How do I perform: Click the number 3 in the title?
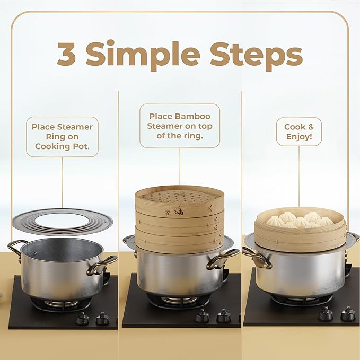click(68, 55)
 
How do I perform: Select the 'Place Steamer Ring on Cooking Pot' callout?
click(62, 136)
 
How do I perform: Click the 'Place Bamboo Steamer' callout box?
click(179, 125)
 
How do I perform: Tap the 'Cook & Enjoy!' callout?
click(298, 131)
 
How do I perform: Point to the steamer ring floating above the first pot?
click(62, 221)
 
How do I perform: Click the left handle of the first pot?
click(17, 248)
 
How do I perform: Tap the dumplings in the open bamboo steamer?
click(300, 219)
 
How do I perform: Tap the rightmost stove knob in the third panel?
click(348, 313)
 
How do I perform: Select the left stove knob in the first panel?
click(82, 318)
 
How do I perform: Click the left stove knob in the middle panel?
click(202, 316)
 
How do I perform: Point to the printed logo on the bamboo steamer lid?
click(177, 210)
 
